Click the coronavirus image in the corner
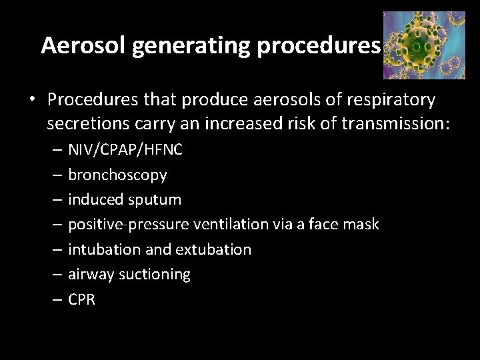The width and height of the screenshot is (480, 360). [425, 45]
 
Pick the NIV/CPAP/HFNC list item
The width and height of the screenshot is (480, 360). [125, 150]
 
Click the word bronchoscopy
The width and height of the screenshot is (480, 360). [118, 175]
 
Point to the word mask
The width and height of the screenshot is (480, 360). [362, 225]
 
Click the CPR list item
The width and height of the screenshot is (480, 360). [82, 300]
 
